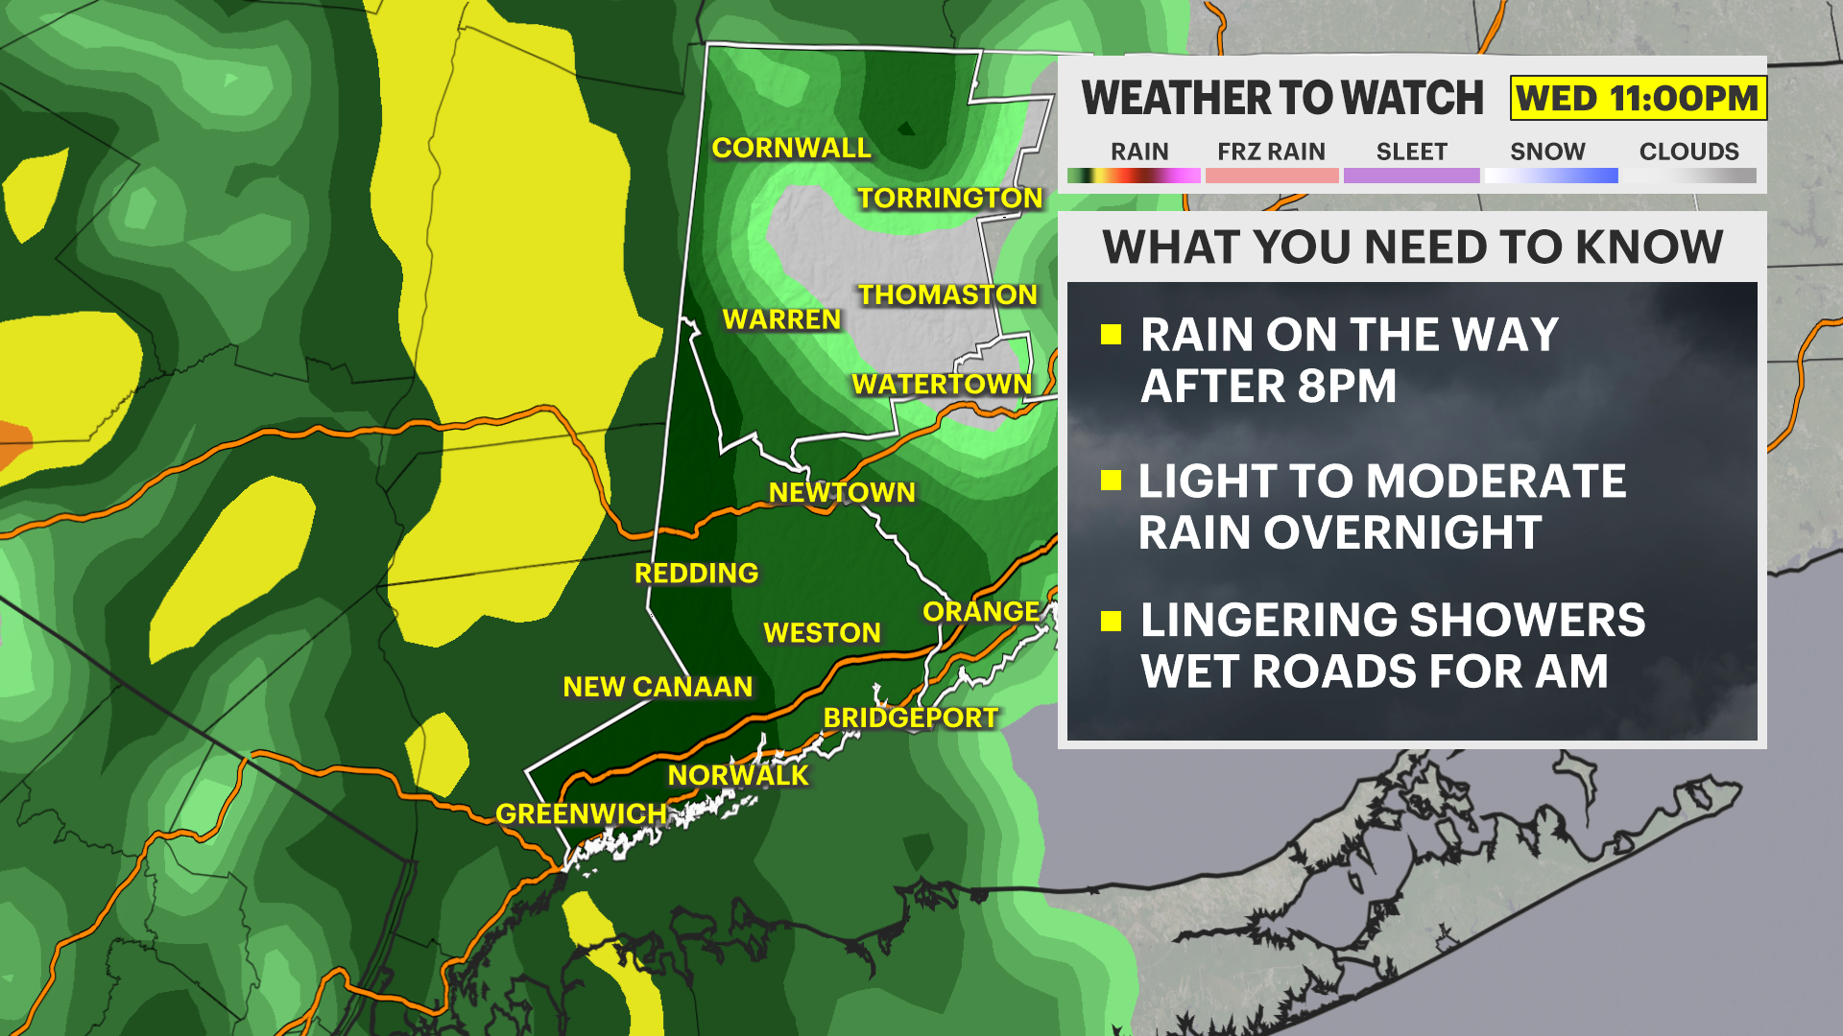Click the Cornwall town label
point(791,148)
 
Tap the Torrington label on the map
point(949,198)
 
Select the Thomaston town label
point(947,294)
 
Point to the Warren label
point(781,319)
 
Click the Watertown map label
point(941,384)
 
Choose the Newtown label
point(842,492)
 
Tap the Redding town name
point(696,573)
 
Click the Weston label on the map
point(822,633)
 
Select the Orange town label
point(980,611)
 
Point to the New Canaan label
point(658,687)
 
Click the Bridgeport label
point(910,718)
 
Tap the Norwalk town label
point(738,775)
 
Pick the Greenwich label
point(581,813)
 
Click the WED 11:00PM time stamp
point(1638,98)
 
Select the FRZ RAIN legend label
point(1271,152)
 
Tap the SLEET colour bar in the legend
point(1411,176)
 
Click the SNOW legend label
point(1547,152)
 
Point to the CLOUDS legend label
point(1688,152)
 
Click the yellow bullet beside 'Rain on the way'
point(1112,334)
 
